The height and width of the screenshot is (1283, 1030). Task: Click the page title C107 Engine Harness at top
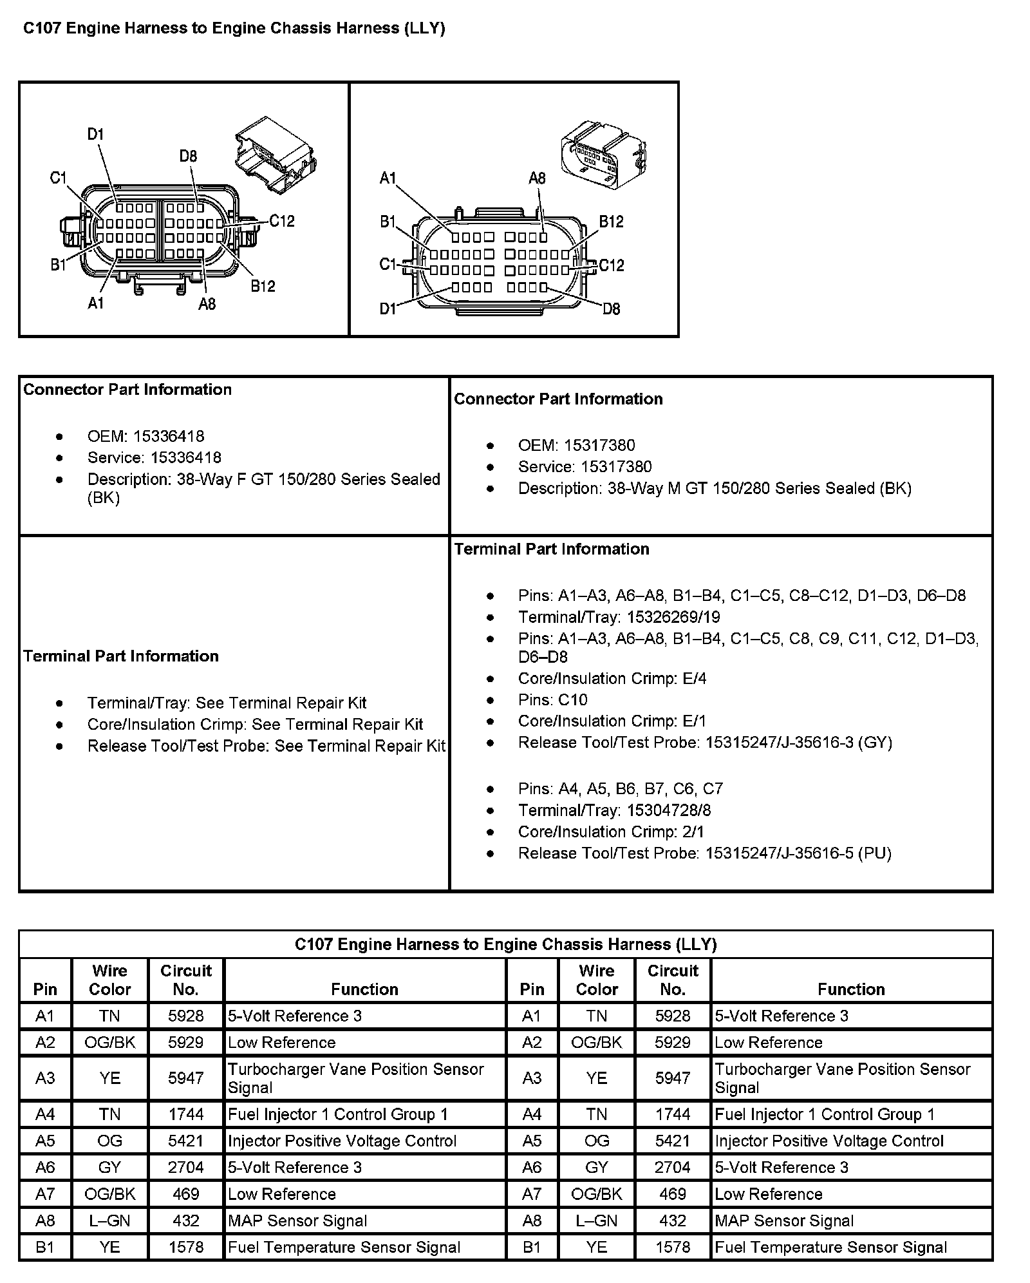click(234, 28)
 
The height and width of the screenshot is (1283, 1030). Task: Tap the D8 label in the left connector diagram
click(188, 156)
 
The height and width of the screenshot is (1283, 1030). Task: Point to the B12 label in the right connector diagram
click(611, 222)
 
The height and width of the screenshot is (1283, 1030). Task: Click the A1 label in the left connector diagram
click(96, 303)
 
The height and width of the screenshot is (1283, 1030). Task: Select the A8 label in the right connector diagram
click(537, 178)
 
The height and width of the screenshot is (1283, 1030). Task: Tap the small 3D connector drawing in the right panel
click(603, 155)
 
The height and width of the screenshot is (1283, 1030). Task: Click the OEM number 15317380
click(599, 445)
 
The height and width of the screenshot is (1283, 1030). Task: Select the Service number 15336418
click(185, 457)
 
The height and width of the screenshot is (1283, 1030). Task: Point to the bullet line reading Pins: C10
click(552, 699)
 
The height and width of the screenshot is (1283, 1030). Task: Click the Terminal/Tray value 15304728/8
click(668, 810)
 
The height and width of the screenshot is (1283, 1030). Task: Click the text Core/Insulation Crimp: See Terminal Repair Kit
click(255, 724)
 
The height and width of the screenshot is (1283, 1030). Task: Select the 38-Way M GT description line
click(715, 488)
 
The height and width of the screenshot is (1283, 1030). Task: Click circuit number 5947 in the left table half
click(185, 1078)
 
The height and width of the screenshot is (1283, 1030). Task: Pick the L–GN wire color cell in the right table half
click(596, 1220)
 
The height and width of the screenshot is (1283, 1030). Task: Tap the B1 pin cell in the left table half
click(45, 1247)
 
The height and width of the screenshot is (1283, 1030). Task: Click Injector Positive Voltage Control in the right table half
click(829, 1141)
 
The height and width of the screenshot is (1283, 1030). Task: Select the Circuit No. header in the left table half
click(185, 980)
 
